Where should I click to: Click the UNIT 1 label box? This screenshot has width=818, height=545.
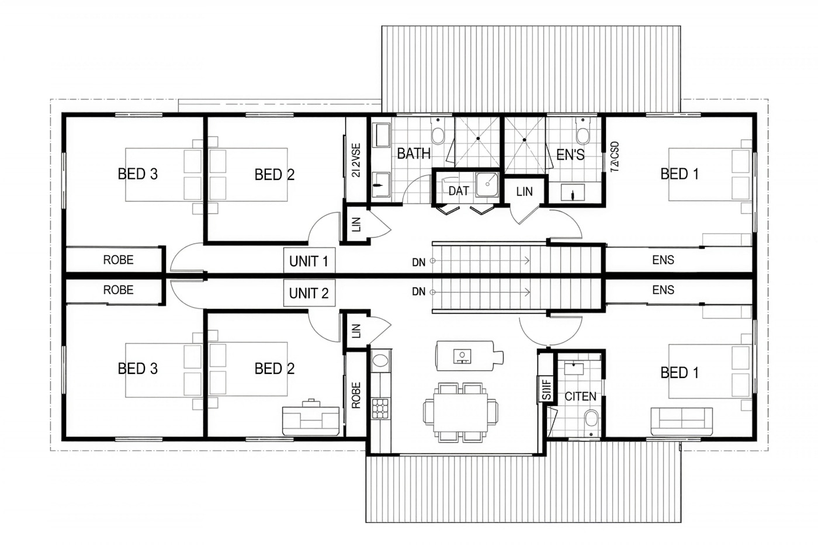click(x=309, y=261)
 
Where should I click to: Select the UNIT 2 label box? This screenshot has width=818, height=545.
click(x=309, y=293)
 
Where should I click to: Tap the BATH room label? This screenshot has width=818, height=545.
click(x=414, y=154)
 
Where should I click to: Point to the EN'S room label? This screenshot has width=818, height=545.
click(x=570, y=155)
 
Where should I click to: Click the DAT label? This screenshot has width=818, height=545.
click(x=459, y=191)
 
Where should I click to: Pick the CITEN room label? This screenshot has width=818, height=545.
click(x=580, y=396)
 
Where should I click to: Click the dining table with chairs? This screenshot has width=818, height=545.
click(x=460, y=412)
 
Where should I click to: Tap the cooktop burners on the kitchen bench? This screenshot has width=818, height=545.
click(x=380, y=408)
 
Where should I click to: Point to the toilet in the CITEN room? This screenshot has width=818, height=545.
click(x=591, y=419)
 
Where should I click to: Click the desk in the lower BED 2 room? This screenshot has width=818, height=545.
click(x=311, y=418)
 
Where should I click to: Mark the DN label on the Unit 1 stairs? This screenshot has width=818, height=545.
click(x=418, y=263)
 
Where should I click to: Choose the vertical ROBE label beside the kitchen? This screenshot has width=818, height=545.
click(x=356, y=395)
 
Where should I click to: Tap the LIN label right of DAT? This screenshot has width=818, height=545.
click(x=524, y=191)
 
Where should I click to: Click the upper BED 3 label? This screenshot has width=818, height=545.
click(x=138, y=174)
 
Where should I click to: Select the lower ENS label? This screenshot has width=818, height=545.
click(x=663, y=290)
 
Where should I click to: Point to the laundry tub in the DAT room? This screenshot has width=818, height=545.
click(x=486, y=185)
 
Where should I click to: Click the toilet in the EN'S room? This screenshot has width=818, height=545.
click(x=583, y=134)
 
